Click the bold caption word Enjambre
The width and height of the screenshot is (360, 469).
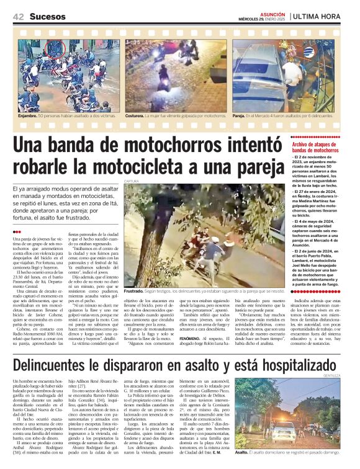(27, 115)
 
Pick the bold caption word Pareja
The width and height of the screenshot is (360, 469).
(238, 115)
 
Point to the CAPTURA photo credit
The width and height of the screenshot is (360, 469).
(130, 181)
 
